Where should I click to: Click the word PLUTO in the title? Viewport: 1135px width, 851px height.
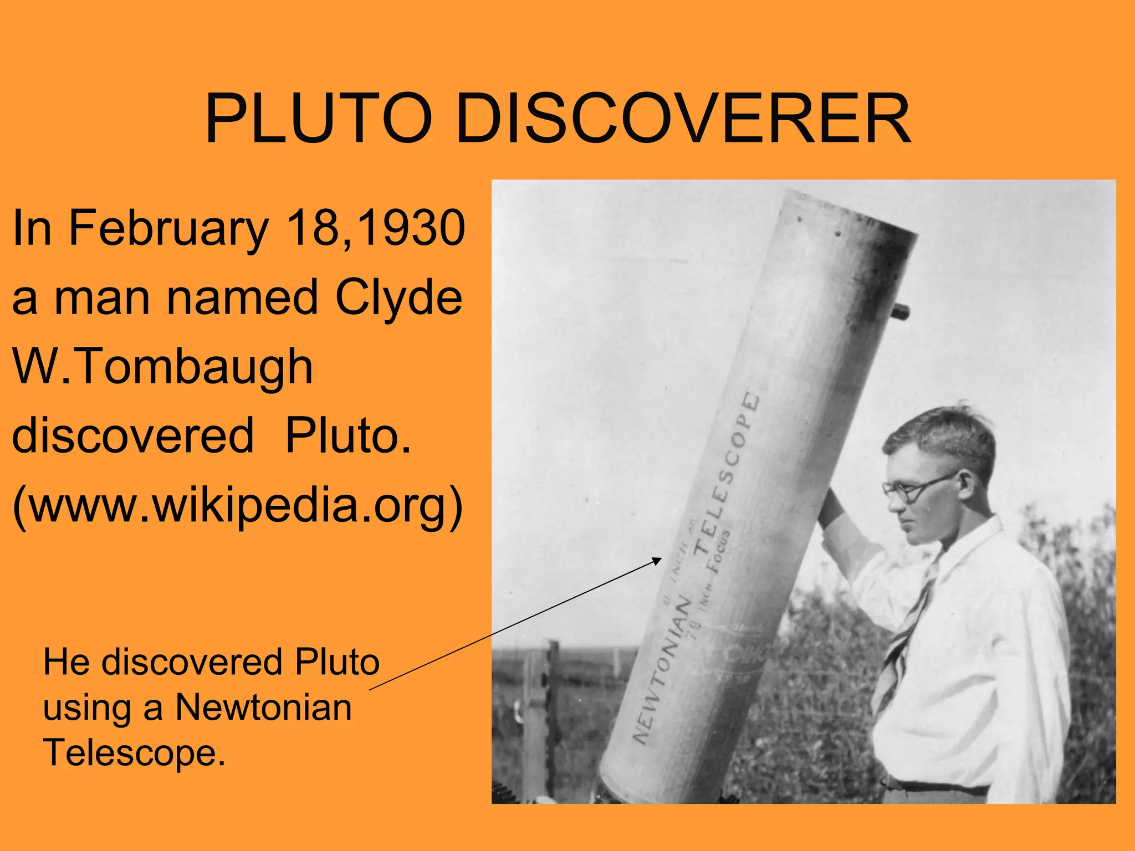pyautogui.click(x=318, y=119)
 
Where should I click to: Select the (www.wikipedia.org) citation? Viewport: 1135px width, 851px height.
pyautogui.click(x=237, y=505)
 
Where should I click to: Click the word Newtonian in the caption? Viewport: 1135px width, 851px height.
pyautogui.click(x=263, y=708)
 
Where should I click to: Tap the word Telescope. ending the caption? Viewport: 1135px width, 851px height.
pyautogui.click(x=135, y=753)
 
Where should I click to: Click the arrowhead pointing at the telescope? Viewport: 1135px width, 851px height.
pyautogui.click(x=657, y=560)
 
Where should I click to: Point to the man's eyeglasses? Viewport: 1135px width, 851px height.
pyautogui.click(x=914, y=489)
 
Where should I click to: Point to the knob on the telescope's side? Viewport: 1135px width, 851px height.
pyautogui.click(x=901, y=311)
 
